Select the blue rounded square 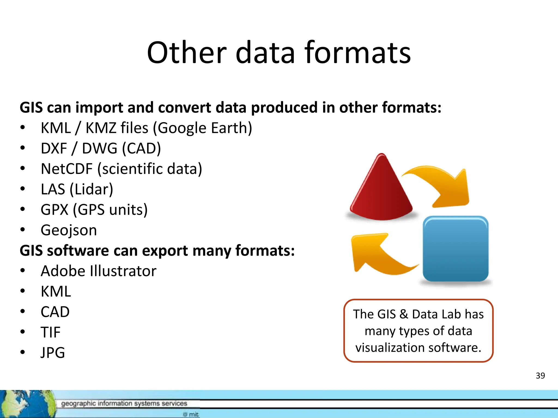(455, 249)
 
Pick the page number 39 (540, 376)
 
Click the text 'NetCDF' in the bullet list (66, 169)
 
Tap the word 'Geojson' (69, 230)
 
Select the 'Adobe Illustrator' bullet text (98, 271)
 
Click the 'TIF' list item (50, 332)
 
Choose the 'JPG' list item (53, 353)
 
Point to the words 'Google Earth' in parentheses (203, 128)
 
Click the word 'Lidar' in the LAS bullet (91, 189)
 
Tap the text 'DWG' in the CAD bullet (99, 149)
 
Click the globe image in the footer (26, 404)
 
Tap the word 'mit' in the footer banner (194, 414)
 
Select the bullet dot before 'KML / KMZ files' (23, 127)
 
